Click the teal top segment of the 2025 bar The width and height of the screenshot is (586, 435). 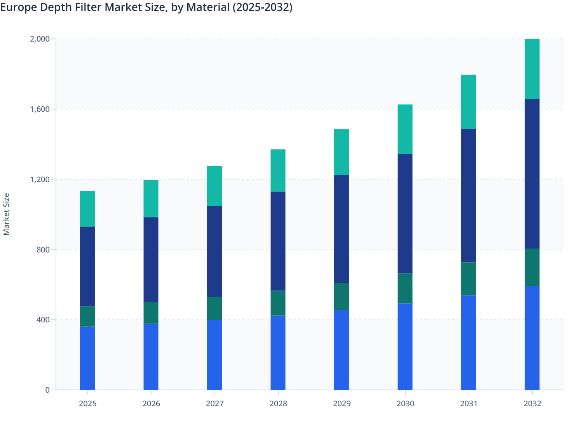click(x=87, y=209)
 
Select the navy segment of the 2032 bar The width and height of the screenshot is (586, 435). click(x=532, y=174)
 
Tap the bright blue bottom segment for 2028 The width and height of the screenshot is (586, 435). click(x=278, y=353)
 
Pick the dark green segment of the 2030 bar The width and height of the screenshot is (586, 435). click(x=405, y=289)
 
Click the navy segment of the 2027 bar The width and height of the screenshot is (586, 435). click(x=215, y=251)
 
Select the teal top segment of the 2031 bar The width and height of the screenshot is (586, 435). click(x=469, y=102)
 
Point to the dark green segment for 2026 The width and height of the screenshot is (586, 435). click(x=151, y=313)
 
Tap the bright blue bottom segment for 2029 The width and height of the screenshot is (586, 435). click(x=342, y=350)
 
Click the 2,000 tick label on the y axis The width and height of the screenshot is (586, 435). click(x=40, y=39)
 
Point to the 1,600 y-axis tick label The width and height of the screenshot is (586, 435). click(x=40, y=109)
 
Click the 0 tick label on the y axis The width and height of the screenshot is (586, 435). click(x=47, y=390)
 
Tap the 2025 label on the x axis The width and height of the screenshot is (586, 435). click(x=87, y=404)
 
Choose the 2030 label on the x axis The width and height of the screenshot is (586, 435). click(x=405, y=404)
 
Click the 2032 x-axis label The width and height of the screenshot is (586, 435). click(x=532, y=404)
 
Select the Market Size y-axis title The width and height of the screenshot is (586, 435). click(x=6, y=214)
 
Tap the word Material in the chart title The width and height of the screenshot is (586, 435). click(x=208, y=7)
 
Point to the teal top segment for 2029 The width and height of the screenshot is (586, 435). click(x=342, y=152)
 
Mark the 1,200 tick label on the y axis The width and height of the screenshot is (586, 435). click(x=40, y=179)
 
